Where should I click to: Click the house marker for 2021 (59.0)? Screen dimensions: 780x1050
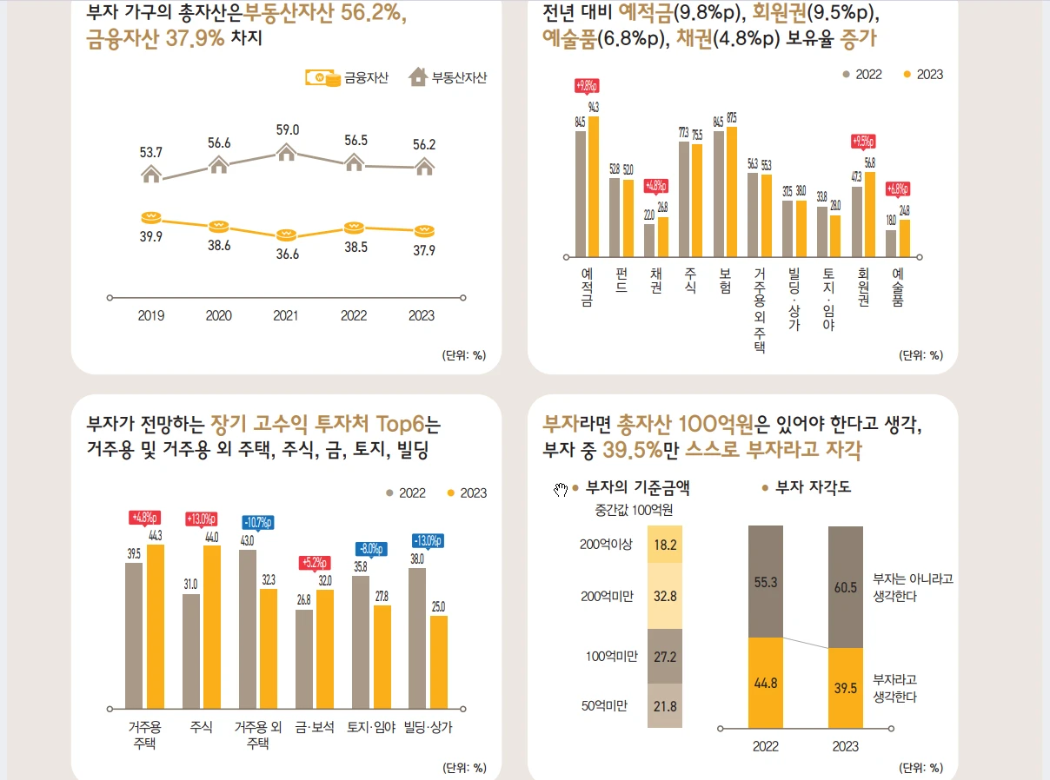(287, 152)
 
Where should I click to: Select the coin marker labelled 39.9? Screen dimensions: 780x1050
(151, 217)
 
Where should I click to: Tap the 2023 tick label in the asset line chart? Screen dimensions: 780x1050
(422, 316)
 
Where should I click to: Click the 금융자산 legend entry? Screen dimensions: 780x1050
(347, 78)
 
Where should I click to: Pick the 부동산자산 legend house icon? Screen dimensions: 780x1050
(418, 77)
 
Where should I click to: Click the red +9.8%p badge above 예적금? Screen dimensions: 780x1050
(587, 86)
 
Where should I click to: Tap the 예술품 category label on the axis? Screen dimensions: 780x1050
(898, 288)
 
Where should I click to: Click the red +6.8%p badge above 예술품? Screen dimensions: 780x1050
(898, 188)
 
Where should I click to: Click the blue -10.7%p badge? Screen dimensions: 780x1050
(258, 523)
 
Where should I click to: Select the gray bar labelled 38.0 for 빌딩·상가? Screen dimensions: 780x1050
(417, 638)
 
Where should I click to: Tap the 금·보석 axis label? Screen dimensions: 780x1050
(315, 727)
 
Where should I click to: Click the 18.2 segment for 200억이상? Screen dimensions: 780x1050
(665, 545)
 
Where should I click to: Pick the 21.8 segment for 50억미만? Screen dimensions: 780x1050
(665, 706)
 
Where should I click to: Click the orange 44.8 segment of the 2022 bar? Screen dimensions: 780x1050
(766, 683)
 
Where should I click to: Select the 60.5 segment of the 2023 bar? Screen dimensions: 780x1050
(845, 587)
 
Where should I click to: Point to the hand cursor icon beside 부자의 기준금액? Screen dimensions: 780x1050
(561, 490)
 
